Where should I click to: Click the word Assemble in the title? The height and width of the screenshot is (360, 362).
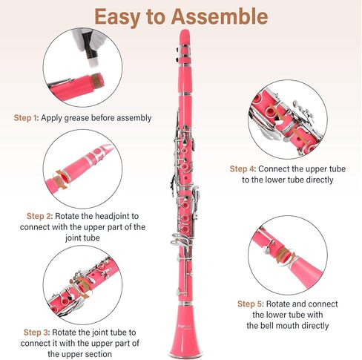[x=214, y=16]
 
